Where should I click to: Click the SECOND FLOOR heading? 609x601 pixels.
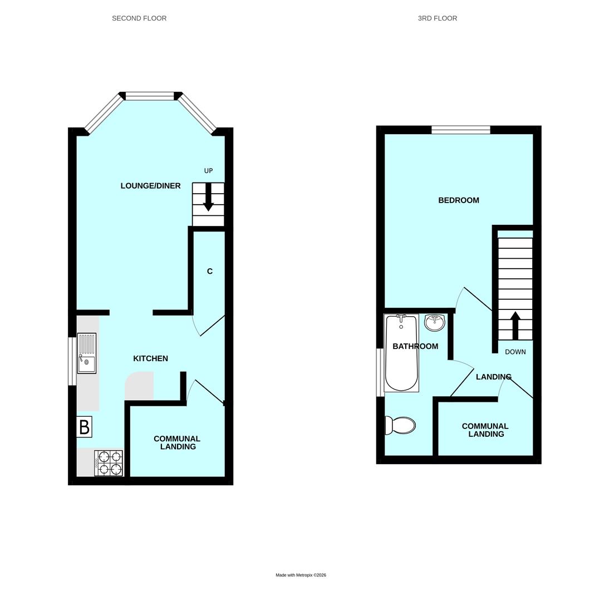coord(139,18)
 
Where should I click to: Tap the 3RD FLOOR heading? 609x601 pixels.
coord(438,18)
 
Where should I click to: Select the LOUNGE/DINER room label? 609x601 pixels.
coord(150,186)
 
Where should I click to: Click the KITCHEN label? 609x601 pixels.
coord(150,359)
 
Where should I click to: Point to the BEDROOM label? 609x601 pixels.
coord(459,200)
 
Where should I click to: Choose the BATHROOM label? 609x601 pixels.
coord(415,347)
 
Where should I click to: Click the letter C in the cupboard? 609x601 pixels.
coord(210,272)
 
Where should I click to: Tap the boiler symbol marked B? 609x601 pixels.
coord(84,427)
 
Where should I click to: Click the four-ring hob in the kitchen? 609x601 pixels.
coord(109,463)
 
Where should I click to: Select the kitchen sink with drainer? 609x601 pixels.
coord(86,353)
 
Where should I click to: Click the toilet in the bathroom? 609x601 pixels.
coord(401,426)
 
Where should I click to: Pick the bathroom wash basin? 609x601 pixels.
coord(435,322)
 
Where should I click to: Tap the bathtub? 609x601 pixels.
coord(401,353)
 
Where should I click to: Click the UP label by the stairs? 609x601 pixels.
coord(208,171)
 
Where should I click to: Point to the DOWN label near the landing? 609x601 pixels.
coord(515,352)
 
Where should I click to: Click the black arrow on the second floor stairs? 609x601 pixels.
coord(208,198)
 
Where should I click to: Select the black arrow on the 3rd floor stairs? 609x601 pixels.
coord(515,325)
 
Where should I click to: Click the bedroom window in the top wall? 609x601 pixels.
coord(460,130)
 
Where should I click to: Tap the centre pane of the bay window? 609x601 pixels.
coord(150,96)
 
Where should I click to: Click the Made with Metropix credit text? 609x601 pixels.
coord(301,575)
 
